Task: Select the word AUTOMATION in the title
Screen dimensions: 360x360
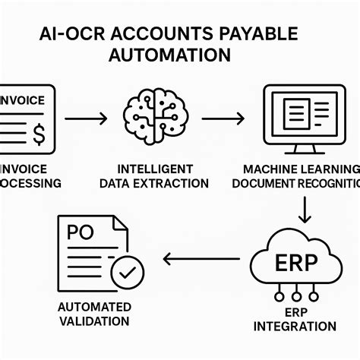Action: coord(171,55)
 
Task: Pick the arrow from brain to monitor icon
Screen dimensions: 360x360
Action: coord(222,118)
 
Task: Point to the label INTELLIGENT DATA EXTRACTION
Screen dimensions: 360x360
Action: coord(163,175)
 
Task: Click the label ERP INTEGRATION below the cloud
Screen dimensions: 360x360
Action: coord(295,319)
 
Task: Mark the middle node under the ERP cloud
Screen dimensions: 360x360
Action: coord(295,296)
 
